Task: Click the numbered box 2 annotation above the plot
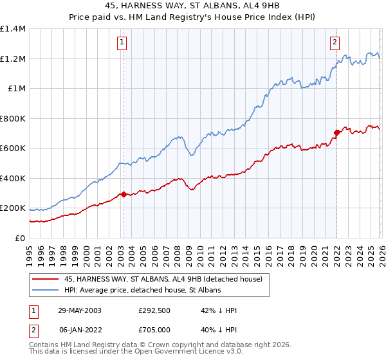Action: point(335,43)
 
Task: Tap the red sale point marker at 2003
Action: point(124,194)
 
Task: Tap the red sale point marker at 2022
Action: point(336,133)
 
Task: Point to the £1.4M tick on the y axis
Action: point(13,29)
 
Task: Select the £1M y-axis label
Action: point(17,89)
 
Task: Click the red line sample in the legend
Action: point(46,280)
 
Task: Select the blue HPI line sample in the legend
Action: point(46,291)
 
